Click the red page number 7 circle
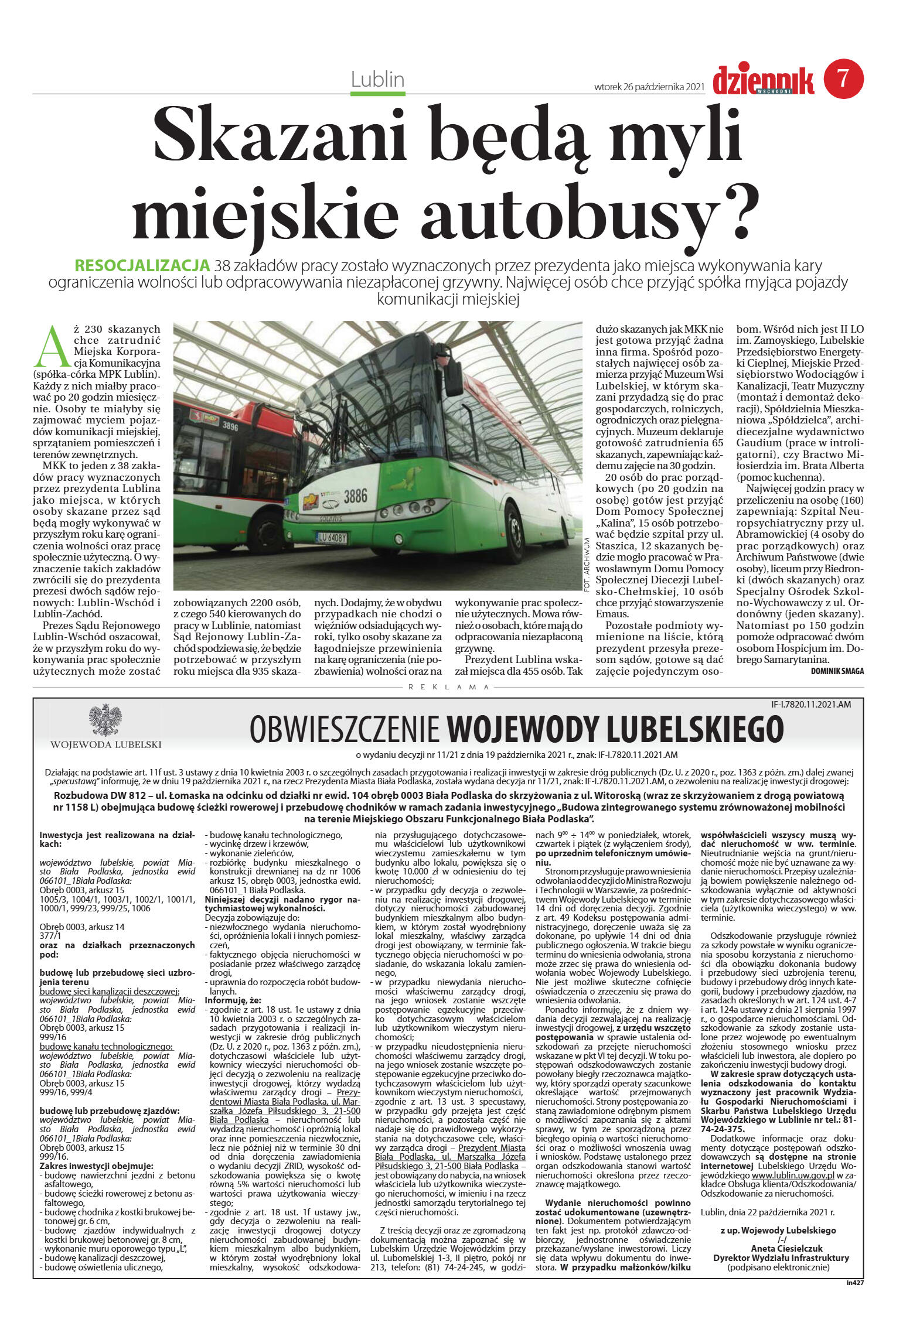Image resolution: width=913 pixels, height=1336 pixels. tap(843, 78)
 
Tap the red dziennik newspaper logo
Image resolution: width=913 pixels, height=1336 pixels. tap(763, 81)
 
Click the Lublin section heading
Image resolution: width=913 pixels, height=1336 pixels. tap(377, 79)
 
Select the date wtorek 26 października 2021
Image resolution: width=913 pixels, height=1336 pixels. tap(649, 87)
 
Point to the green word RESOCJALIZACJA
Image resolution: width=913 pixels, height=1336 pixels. tap(142, 265)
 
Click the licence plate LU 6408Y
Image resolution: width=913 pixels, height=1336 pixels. tap(332, 537)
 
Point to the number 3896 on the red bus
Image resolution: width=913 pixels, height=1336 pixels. tap(230, 426)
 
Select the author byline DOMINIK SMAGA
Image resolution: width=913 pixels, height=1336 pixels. tap(837, 671)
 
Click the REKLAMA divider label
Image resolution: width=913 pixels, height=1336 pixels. tap(448, 687)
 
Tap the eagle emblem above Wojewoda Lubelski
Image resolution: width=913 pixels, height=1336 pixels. tap(105, 720)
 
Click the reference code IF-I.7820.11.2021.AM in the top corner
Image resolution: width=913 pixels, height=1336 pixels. tap(811, 705)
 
